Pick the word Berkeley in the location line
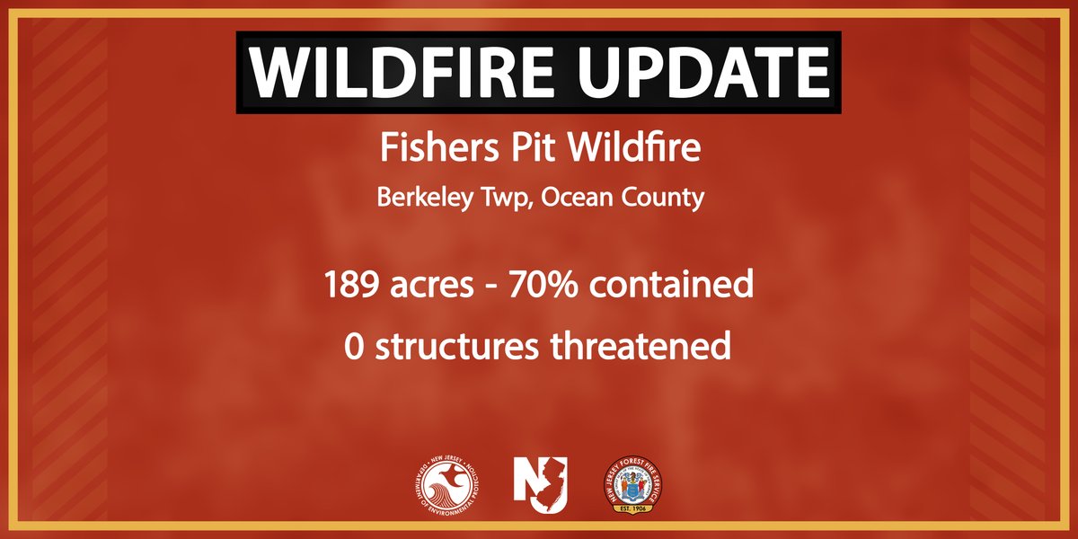(422, 198)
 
